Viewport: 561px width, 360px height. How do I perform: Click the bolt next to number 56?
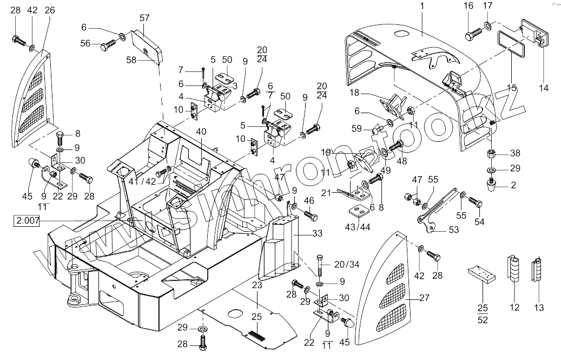pos(107,46)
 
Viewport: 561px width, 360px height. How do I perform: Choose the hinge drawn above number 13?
pos(537,269)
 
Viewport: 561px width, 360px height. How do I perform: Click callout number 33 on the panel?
pos(316,234)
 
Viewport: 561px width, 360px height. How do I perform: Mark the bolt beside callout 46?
pos(310,215)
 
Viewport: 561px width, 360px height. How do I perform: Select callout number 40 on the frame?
pos(202,132)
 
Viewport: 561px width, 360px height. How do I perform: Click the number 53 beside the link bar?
pos(453,230)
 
